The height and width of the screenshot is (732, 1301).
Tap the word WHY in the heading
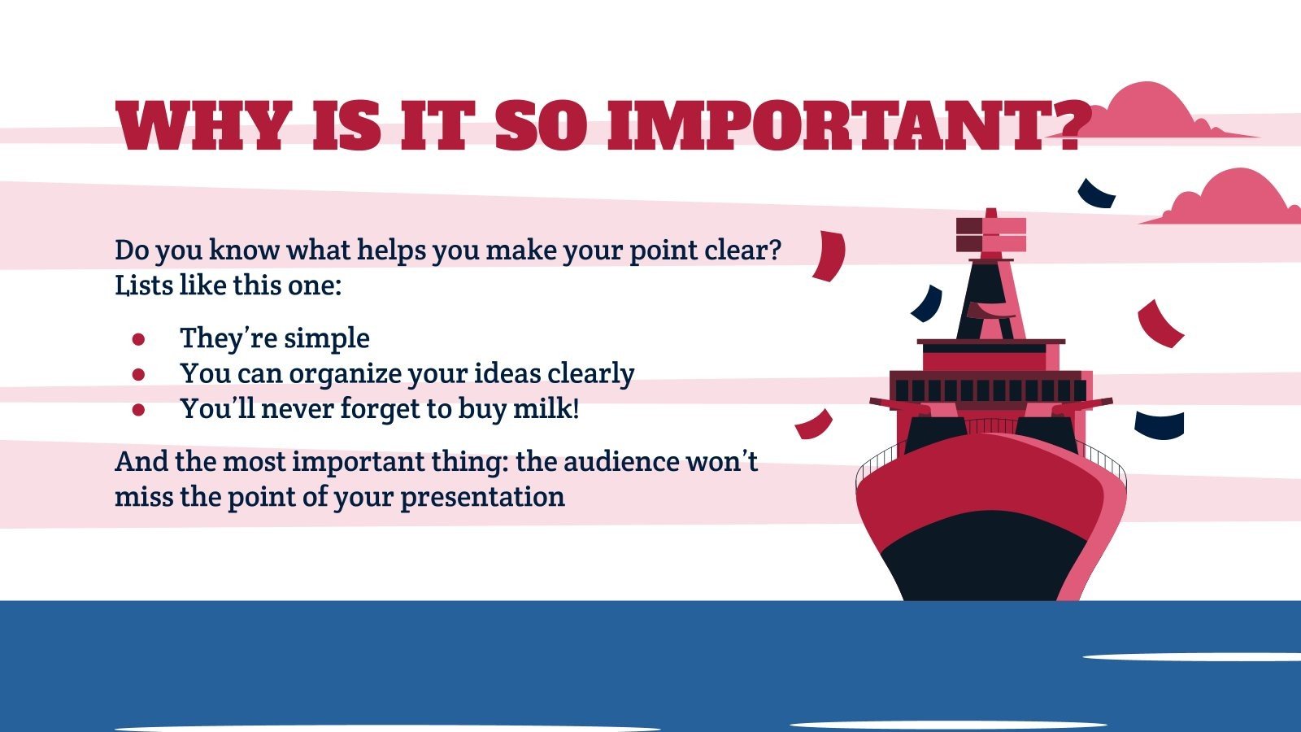(203, 126)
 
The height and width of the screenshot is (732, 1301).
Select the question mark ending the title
(1065, 126)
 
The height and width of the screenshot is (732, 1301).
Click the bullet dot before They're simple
(138, 338)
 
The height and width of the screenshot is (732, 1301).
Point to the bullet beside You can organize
(138, 373)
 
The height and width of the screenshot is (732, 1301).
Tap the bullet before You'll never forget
(138, 409)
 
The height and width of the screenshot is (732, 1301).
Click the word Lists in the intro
(143, 285)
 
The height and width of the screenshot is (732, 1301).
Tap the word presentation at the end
(482, 497)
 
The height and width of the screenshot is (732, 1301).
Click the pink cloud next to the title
(1155, 114)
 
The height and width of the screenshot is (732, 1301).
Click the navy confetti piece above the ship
(1096, 194)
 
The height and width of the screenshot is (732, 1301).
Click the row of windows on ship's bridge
(988, 390)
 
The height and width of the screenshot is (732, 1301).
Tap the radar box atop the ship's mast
(990, 234)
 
